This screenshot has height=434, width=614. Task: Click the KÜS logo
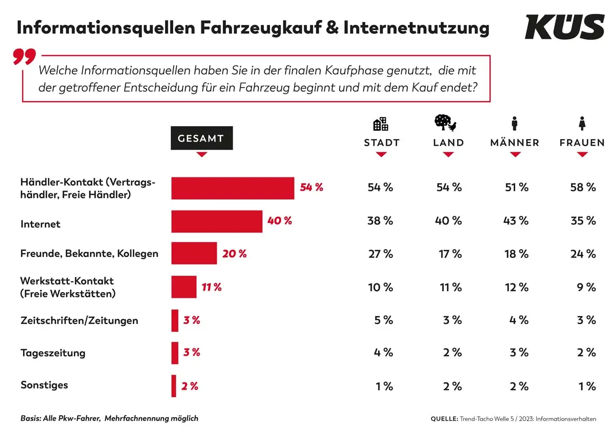click(564, 27)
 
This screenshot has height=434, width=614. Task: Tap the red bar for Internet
click(217, 221)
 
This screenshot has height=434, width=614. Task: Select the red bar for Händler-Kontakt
click(233, 188)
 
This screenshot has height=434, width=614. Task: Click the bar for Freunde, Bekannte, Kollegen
click(194, 253)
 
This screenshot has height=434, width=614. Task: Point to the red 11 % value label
click(212, 287)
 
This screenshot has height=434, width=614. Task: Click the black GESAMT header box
click(201, 138)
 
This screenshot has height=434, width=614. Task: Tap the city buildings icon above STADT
click(380, 124)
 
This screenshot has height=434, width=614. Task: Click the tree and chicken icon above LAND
click(446, 123)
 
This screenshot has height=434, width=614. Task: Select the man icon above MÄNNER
click(515, 123)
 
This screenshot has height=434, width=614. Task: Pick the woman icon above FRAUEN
click(582, 123)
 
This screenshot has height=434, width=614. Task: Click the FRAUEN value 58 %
click(583, 188)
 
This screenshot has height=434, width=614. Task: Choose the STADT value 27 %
click(380, 254)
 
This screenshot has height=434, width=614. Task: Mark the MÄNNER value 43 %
click(516, 221)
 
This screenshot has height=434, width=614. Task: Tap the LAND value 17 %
click(449, 254)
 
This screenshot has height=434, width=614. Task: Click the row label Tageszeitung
click(53, 353)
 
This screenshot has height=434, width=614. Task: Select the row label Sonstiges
click(44, 385)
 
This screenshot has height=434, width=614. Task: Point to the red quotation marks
click(24, 57)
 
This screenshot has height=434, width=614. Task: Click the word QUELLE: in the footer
click(445, 419)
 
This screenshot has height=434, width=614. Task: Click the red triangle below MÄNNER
click(515, 154)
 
